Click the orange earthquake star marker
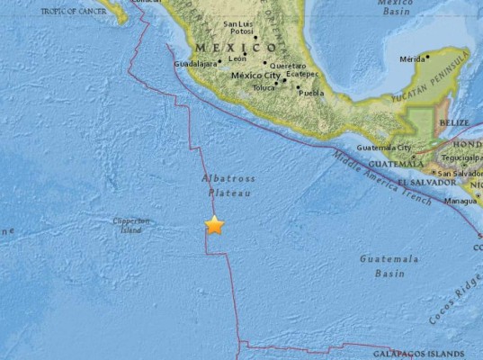tap(214, 226)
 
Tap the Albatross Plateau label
tap(223, 185)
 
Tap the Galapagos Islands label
tap(407, 353)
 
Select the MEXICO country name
tap(222, 47)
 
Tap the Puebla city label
tap(309, 91)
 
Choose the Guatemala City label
tap(384, 147)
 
